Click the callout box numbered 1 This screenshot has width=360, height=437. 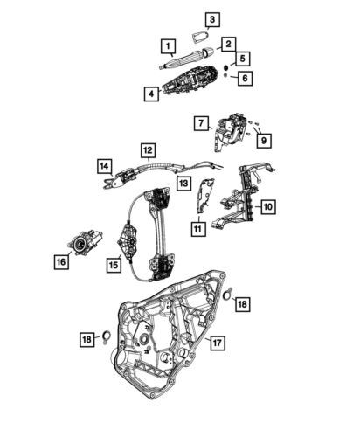coord(168,46)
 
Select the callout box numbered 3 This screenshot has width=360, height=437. coord(212,19)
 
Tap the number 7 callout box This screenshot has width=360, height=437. coord(202,123)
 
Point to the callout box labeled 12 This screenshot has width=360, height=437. coord(148,150)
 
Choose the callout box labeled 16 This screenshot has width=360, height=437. coord(61,261)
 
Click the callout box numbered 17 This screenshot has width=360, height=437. coord(217,343)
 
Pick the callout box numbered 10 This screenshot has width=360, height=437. coord(268,206)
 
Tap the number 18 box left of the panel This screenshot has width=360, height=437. coord(87,339)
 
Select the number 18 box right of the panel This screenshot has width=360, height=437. coord(242,304)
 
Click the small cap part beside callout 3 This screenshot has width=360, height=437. coord(200,38)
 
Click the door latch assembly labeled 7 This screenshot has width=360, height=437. coord(231,131)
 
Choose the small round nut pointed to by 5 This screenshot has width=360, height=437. coord(225,68)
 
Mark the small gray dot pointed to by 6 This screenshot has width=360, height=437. coord(225,75)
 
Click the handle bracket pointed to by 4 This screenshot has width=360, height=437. coord(190,80)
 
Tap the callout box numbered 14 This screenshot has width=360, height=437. coord(104,166)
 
